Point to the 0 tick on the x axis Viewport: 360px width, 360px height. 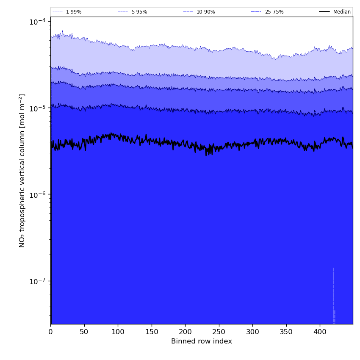tap(51, 332)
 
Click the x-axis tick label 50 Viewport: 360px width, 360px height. tap(84, 332)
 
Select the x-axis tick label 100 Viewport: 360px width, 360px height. tap(118, 332)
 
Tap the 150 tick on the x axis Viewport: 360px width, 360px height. tap(152, 332)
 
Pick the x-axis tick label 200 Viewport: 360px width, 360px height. tap(185, 332)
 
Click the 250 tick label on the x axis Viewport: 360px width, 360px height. tap(219, 332)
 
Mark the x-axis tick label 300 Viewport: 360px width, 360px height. tap(252, 332)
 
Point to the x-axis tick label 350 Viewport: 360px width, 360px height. tap(286, 332)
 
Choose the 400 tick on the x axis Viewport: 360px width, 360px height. tap(320, 332)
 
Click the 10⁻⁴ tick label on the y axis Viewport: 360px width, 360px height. tap(38, 22)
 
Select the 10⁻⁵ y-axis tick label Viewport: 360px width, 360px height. tap(38, 108)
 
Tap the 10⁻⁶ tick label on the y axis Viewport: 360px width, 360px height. tap(38, 194)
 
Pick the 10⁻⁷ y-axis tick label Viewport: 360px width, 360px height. tap(38, 281)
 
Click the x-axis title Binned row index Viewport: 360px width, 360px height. tap(202, 341)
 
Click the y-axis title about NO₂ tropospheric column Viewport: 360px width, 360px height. tap(22, 171)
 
